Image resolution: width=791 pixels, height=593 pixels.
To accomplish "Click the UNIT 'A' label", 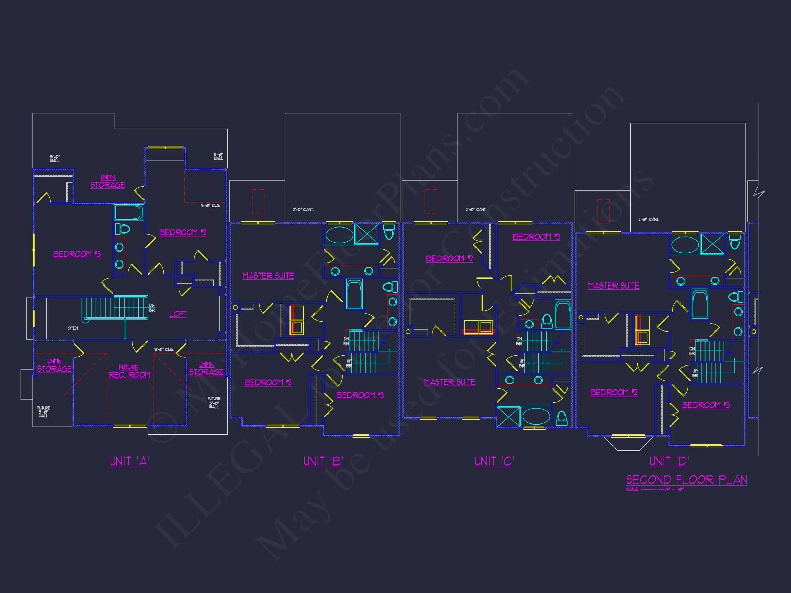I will coord(129,462).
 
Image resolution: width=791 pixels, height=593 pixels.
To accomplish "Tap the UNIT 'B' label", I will coord(323,462).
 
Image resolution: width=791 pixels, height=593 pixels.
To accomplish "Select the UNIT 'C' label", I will coord(494,462).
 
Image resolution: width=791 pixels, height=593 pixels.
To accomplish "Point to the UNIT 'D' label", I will coord(669,462).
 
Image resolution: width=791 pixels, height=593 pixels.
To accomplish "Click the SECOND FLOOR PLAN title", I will coord(686,480).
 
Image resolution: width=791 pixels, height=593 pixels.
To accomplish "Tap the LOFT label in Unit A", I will coord(178,314).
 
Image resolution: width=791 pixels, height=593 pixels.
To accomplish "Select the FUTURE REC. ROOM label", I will coord(129,372).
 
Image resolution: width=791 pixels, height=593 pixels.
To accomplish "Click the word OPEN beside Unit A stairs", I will coord(72,328).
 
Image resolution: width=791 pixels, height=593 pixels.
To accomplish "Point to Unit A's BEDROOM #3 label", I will coord(77,254).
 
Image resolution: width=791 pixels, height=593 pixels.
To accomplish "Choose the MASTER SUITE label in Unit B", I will coord(268,276).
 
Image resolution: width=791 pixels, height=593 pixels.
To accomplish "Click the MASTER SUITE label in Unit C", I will coord(449,382).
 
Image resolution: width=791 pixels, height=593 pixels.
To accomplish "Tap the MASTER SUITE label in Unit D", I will coord(614,286).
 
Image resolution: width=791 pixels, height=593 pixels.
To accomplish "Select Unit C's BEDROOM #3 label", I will coord(536,237).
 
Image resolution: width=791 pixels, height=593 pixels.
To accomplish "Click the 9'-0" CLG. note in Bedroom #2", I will coord(210,206).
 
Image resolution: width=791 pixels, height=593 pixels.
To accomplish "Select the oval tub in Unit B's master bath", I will coord(339,235).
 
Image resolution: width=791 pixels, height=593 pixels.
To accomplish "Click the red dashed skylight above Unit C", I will coord(431,201).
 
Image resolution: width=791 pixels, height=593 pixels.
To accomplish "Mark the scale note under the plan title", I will coord(654,489).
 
